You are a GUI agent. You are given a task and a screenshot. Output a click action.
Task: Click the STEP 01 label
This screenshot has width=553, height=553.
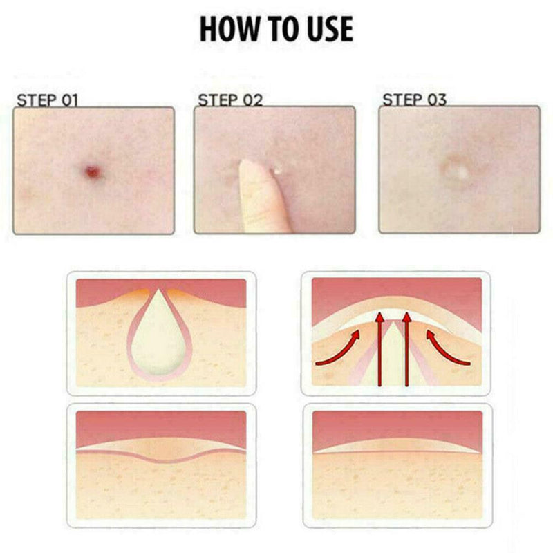pos(47,100)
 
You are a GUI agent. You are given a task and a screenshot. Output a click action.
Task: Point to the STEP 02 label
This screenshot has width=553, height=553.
pos(230,100)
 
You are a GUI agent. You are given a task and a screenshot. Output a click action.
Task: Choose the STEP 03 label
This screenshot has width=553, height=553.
pos(414,100)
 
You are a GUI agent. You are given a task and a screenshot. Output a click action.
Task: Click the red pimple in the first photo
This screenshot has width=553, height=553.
pos(91,169)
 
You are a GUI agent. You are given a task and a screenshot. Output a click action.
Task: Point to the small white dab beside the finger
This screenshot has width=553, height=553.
pos(276,168)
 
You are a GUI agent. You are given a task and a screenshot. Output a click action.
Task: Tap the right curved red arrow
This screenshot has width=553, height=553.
pos(446,349)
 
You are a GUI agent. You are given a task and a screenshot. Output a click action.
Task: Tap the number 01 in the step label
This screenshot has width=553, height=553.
pos(69,100)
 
